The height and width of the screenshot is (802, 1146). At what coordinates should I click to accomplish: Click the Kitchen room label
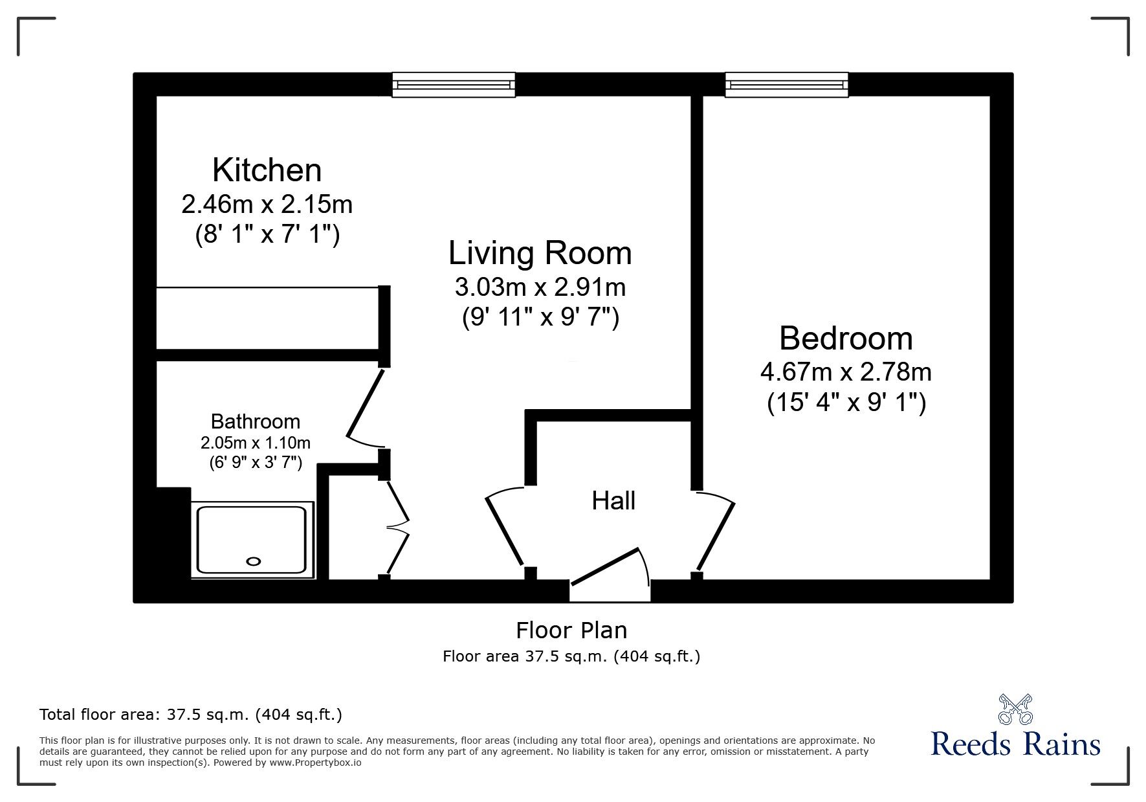[x=267, y=170]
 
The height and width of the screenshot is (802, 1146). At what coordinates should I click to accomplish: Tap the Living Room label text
[x=540, y=253]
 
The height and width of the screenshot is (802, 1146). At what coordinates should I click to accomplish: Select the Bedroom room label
[x=846, y=339]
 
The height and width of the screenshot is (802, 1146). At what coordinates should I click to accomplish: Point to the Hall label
[x=613, y=500]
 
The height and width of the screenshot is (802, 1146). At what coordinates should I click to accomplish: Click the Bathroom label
[x=255, y=421]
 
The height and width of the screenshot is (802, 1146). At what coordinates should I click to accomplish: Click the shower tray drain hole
[x=254, y=561]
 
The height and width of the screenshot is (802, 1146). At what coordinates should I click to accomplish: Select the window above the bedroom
[x=786, y=85]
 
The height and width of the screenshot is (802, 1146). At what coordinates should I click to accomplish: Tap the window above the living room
[x=454, y=85]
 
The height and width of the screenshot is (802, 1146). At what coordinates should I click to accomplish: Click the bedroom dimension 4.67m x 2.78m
[x=846, y=372]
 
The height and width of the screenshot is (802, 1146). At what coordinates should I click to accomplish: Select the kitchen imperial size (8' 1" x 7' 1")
[x=267, y=235]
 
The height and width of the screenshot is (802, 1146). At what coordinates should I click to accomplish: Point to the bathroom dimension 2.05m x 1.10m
[x=255, y=443]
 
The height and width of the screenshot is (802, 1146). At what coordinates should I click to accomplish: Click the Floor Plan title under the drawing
[x=571, y=630]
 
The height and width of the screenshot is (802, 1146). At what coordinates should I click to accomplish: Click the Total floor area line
[x=191, y=715]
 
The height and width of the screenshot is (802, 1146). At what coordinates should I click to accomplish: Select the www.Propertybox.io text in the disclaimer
[x=315, y=763]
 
